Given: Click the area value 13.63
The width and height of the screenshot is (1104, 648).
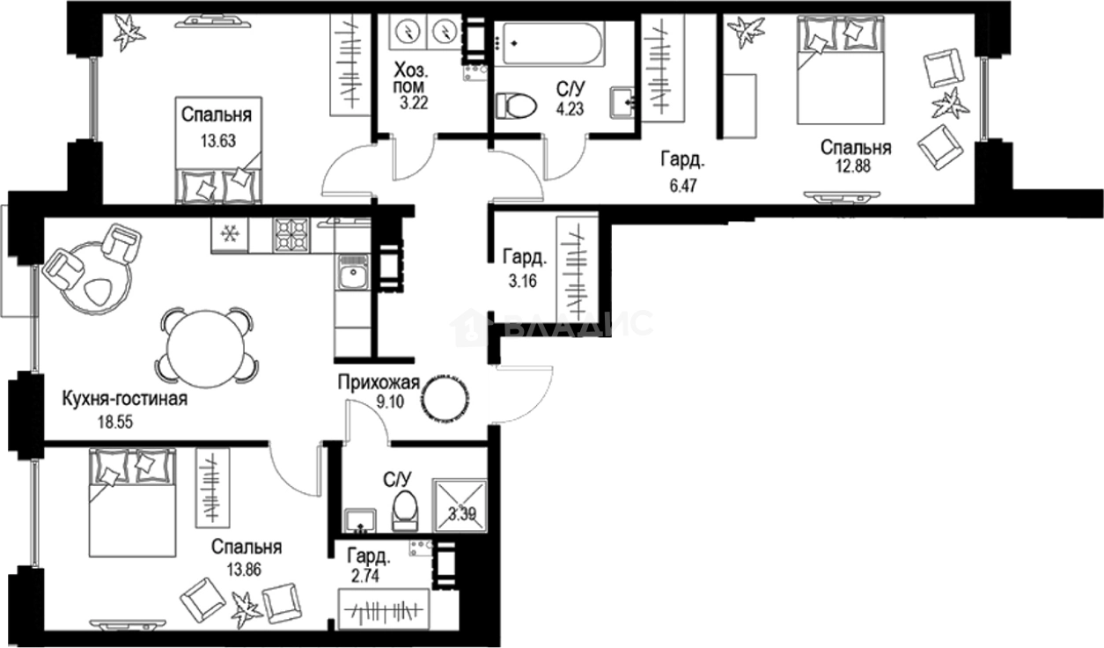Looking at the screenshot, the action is [x=217, y=141].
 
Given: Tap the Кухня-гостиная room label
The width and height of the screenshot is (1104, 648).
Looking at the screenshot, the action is [x=125, y=399].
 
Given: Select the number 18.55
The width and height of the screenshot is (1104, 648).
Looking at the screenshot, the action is [x=115, y=423].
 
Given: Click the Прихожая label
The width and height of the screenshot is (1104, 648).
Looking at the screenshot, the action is [x=379, y=382].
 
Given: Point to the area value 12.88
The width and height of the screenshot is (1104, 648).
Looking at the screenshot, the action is [x=852, y=166].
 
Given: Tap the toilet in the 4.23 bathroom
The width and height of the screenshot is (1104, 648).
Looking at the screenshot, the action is [x=516, y=106].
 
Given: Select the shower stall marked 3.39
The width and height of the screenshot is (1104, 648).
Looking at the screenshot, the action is [x=460, y=505].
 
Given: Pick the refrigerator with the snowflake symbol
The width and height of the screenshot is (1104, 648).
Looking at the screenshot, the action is [x=229, y=235].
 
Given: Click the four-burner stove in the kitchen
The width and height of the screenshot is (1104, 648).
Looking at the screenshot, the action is [x=291, y=235].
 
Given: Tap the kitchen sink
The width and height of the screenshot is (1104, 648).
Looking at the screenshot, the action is [x=353, y=271].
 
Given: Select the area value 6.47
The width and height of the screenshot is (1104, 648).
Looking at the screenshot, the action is [x=683, y=186].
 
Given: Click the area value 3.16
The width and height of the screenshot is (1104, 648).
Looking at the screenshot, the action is [x=522, y=282].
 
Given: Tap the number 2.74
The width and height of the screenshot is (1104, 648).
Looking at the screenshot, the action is [x=365, y=576].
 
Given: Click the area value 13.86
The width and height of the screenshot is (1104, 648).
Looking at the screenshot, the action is [x=244, y=571].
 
